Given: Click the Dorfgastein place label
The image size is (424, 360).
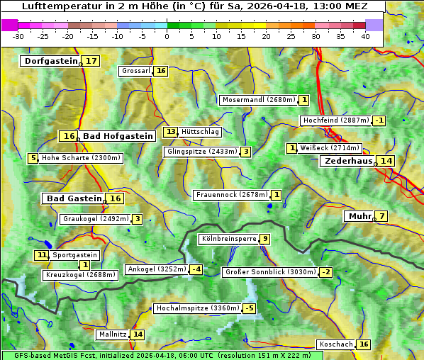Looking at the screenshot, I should pyautogui.click(x=50, y=61).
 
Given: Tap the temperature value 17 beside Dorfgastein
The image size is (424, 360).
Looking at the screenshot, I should pyautogui.click(x=91, y=61).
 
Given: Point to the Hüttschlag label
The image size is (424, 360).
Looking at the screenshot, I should pyautogui.click(x=201, y=132).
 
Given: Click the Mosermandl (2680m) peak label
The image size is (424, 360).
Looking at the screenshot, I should pyautogui.click(x=259, y=100).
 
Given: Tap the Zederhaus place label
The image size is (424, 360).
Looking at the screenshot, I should pyautogui.click(x=348, y=161).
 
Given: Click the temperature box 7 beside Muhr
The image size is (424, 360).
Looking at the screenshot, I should pyautogui.click(x=382, y=216).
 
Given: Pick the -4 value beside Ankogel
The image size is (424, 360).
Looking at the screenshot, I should pyautogui.click(x=196, y=269).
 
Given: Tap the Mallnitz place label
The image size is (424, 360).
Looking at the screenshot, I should pyautogui.click(x=112, y=334).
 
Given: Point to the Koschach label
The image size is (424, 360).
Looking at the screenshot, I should pyautogui.click(x=336, y=344).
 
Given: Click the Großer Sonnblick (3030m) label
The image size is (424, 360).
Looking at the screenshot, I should pyautogui.click(x=270, y=272).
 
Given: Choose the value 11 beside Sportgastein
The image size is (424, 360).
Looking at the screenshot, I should pyautogui.click(x=42, y=255).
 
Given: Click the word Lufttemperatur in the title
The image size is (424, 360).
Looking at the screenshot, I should pyautogui.click(x=57, y=6).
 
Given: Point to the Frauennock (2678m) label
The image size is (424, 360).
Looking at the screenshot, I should pyautogui.click(x=231, y=195).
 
